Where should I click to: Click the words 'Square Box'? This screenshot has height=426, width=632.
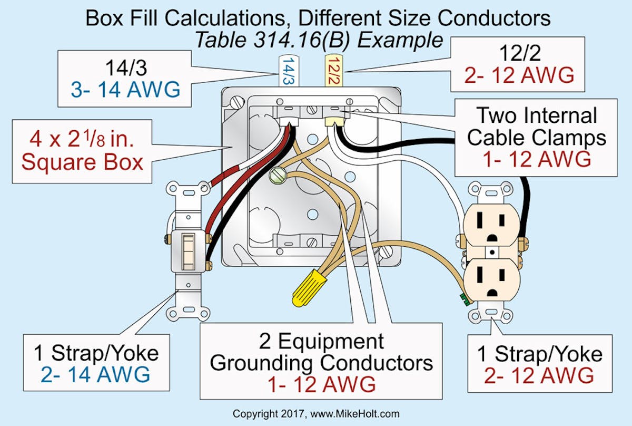click(x=82, y=161)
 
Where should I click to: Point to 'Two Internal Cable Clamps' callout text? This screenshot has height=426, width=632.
click(x=537, y=127)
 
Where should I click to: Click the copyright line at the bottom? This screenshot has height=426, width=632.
click(x=316, y=414)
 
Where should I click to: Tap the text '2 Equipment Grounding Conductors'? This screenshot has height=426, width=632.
click(x=321, y=352)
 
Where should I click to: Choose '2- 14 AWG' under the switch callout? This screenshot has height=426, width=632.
click(x=94, y=375)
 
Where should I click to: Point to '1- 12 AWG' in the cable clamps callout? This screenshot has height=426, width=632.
click(x=537, y=159)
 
